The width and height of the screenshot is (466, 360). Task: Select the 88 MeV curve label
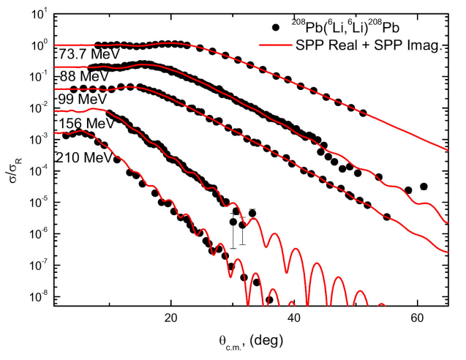coord(78,77)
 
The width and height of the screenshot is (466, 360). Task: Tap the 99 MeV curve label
coord(78,99)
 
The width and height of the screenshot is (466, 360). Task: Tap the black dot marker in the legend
coord(276,28)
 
